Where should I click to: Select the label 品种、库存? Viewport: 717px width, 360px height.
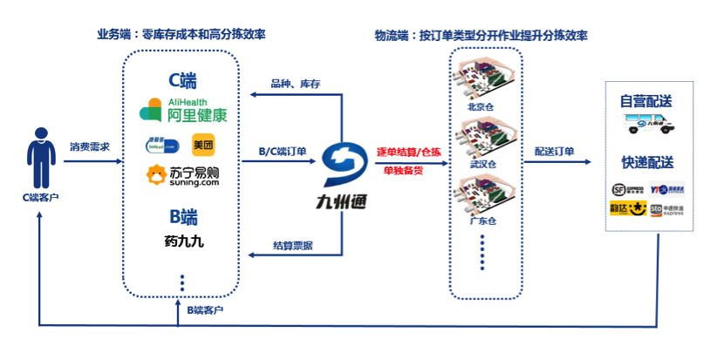click(x=295, y=84)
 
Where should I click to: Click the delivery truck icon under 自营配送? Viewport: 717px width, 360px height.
click(x=651, y=125)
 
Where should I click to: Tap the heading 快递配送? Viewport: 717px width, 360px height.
click(x=650, y=163)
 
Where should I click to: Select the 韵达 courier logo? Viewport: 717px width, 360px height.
click(x=626, y=209)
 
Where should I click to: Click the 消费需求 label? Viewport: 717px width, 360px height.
click(x=89, y=146)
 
